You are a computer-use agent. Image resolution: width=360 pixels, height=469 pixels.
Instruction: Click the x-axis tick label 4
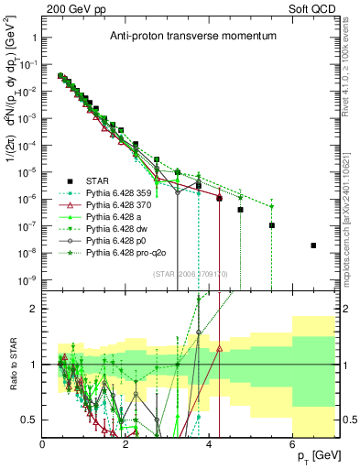tap(210, 444)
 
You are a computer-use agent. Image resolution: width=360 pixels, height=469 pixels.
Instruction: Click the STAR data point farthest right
tap(313, 245)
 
